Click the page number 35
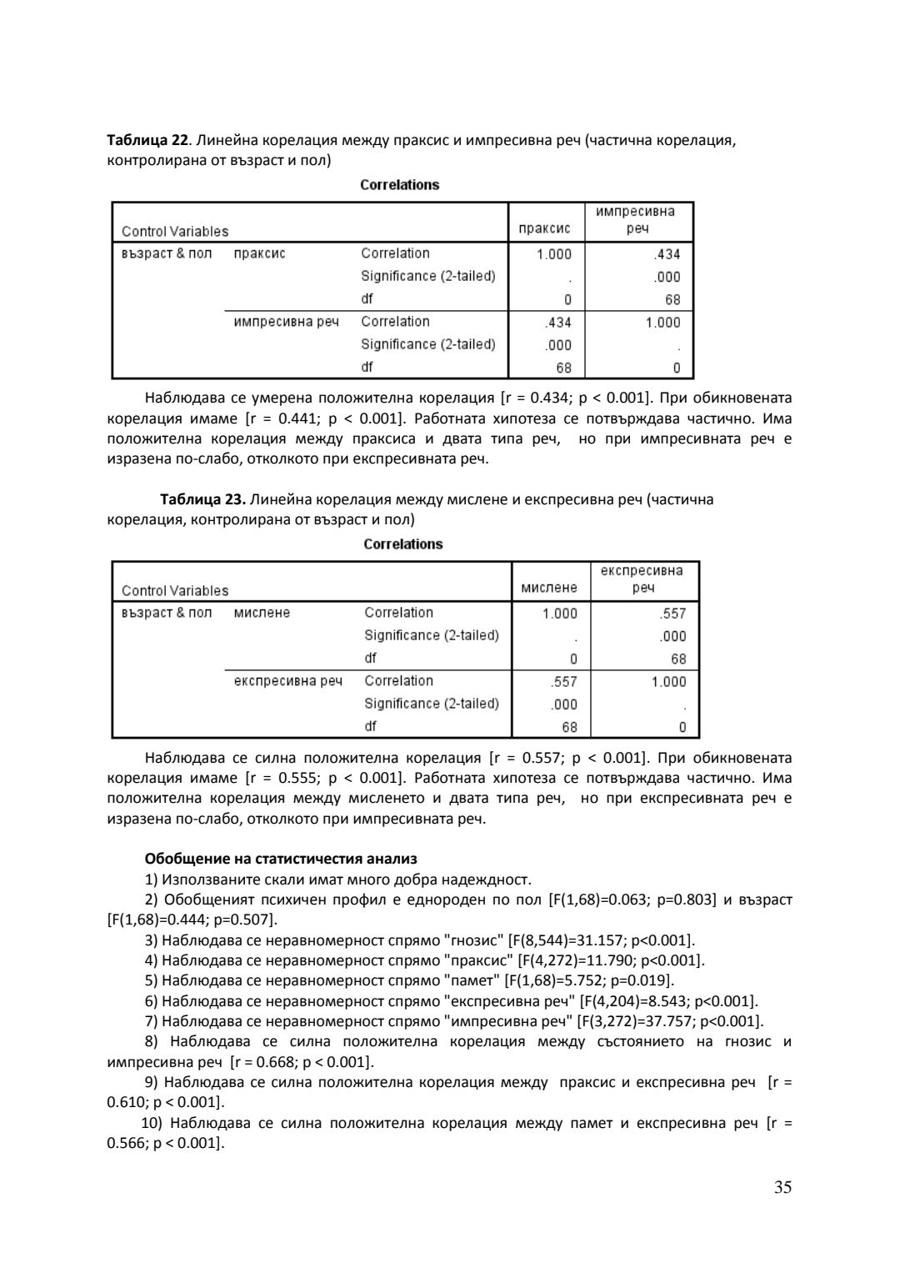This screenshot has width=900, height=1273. (782, 1188)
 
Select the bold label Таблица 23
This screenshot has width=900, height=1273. (202, 499)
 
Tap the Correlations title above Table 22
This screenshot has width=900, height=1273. (399, 185)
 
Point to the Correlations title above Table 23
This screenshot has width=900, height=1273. (402, 544)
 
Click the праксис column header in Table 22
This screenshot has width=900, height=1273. (544, 228)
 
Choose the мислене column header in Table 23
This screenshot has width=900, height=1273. (548, 588)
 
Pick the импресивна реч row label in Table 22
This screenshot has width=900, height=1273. (287, 322)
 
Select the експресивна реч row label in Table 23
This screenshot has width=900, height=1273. (288, 681)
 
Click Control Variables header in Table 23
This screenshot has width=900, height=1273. (175, 591)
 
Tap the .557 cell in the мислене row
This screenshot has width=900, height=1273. (672, 614)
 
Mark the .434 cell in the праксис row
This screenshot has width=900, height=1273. (667, 254)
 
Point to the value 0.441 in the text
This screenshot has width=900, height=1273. (293, 418)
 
